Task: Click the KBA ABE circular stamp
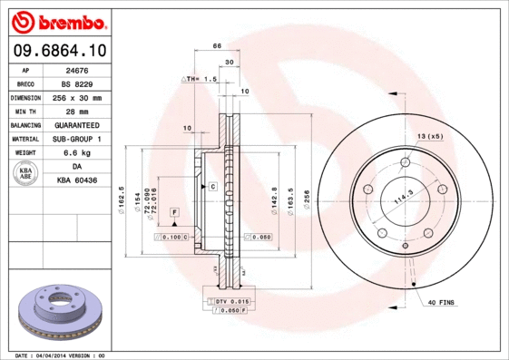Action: [25, 173]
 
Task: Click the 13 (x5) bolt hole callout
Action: [429, 136]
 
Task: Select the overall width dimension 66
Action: [218, 44]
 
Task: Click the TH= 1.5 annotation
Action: [202, 80]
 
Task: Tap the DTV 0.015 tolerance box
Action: [231, 300]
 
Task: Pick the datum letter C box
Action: [212, 186]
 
